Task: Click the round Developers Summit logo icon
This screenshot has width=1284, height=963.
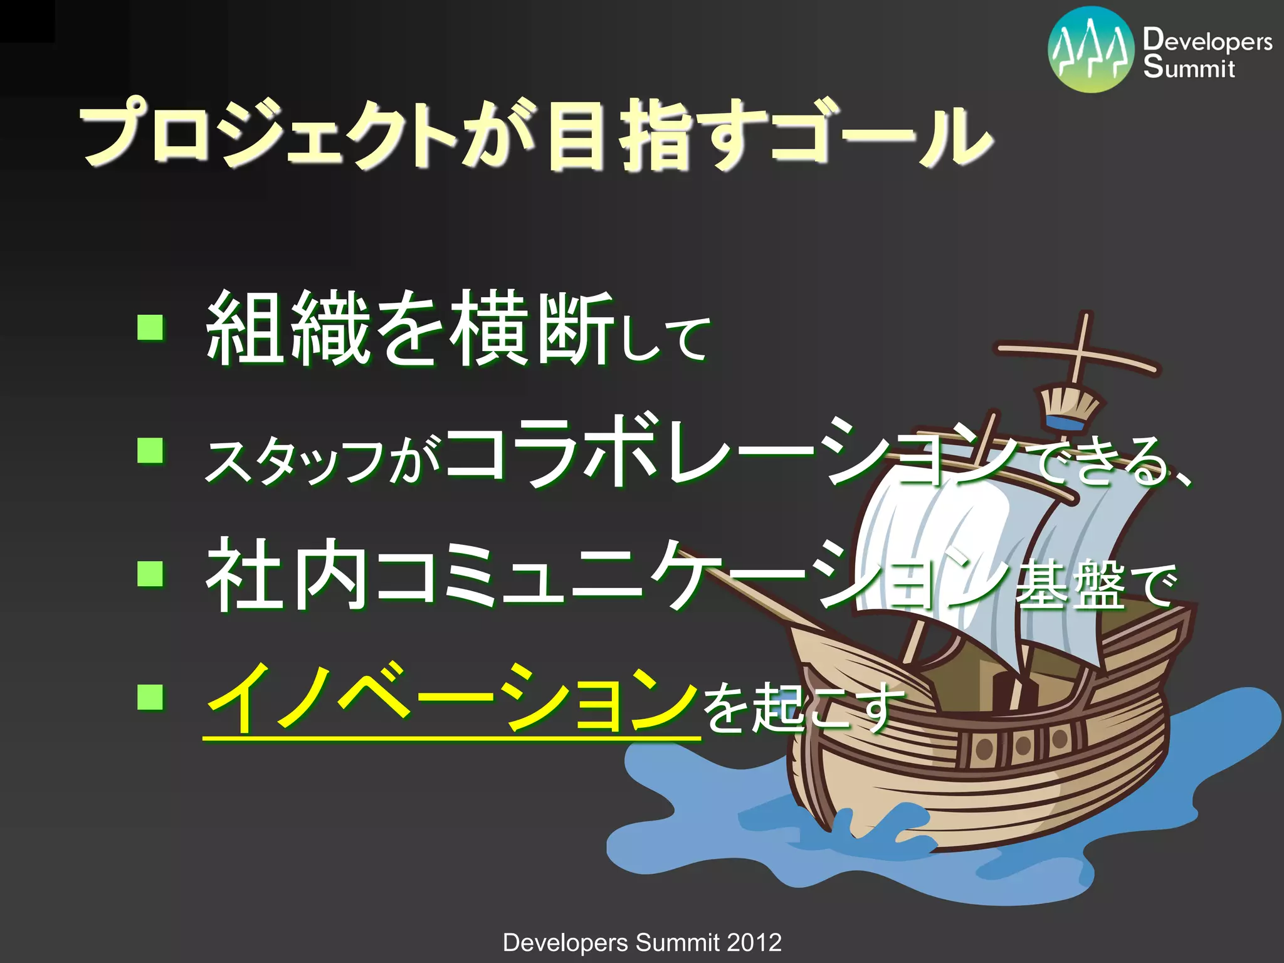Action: coord(1091,50)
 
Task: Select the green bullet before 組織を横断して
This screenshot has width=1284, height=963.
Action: coord(150,327)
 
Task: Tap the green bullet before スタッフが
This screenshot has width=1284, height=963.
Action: coord(150,450)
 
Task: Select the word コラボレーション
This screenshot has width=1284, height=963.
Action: coord(734,451)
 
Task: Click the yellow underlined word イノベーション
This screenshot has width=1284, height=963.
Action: coord(451,697)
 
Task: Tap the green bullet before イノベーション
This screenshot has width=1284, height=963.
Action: coord(150,697)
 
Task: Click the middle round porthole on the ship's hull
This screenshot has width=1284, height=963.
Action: coord(1023,745)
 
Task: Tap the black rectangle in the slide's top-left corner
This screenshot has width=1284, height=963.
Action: coord(27,21)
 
